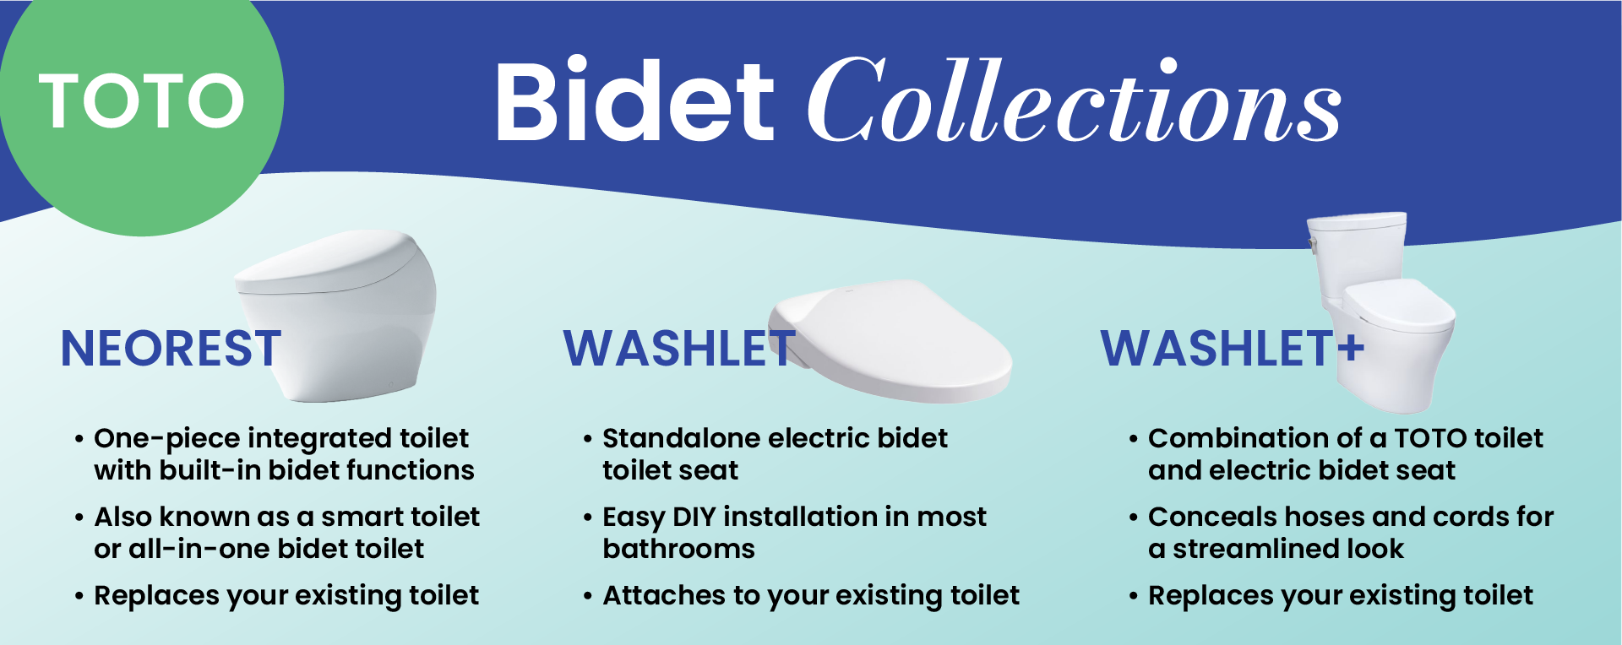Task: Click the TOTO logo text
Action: [x=141, y=100]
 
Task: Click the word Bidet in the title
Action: [x=634, y=100]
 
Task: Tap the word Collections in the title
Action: [x=1074, y=100]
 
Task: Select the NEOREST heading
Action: [x=171, y=348]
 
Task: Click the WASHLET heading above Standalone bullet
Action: [x=679, y=348]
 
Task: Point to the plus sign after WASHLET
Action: [x=1351, y=347]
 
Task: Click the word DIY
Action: [x=694, y=517]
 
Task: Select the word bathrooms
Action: [x=678, y=549]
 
